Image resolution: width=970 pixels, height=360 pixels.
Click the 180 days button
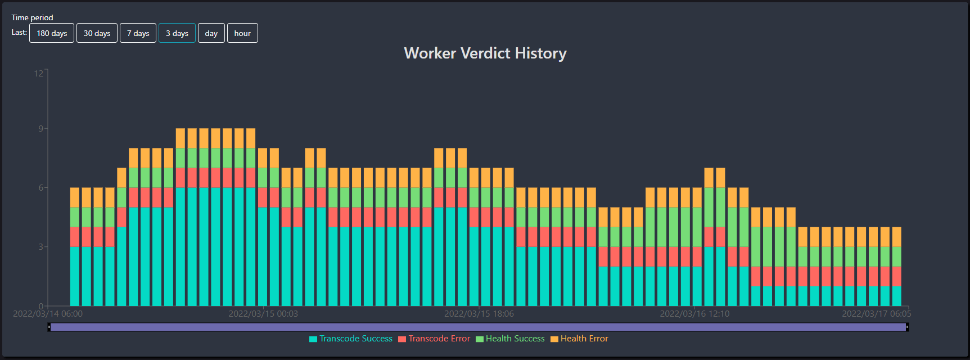(52, 33)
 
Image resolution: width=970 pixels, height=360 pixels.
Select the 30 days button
(97, 33)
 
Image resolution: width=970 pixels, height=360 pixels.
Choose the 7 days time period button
(138, 33)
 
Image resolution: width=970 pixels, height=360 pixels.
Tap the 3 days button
(177, 33)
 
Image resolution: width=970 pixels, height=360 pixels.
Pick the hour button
(242, 33)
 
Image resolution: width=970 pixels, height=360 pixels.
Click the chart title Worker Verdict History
(485, 53)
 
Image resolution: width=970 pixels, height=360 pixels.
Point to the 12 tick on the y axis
(38, 73)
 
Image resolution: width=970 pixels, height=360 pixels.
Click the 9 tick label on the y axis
(40, 129)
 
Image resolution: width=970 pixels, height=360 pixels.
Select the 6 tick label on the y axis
(40, 188)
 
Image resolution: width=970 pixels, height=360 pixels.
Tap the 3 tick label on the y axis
(40, 247)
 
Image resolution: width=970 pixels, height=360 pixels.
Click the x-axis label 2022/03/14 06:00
(48, 314)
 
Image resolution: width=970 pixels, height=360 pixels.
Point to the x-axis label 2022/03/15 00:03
(263, 314)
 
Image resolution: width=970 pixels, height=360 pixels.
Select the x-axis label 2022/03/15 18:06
(479, 314)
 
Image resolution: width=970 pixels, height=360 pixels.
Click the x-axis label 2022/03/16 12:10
(694, 314)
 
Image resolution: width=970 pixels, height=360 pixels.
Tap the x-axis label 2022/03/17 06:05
(876, 314)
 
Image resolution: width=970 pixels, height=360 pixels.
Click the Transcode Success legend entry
(351, 339)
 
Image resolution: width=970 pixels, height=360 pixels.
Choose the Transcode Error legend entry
(434, 339)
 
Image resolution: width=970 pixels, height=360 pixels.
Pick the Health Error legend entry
(579, 339)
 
